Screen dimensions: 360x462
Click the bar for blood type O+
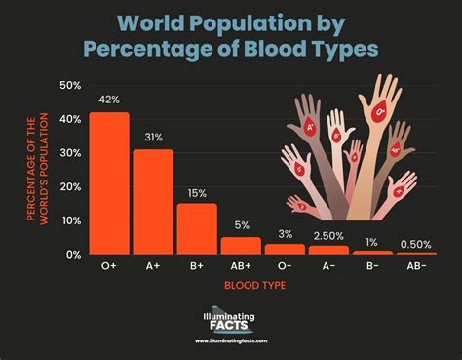[109, 182]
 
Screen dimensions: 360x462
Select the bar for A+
[153, 201]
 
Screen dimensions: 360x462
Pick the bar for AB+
[241, 245]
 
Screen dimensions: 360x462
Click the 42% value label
[109, 99]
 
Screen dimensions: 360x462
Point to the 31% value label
[153, 136]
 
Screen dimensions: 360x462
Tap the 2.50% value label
[328, 233]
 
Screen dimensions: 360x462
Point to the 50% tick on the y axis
[70, 86]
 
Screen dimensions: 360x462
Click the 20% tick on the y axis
[70, 186]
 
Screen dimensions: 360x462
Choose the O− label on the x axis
[285, 265]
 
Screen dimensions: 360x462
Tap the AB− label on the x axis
[416, 265]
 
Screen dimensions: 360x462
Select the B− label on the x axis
[372, 265]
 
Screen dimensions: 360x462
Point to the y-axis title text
[37, 169]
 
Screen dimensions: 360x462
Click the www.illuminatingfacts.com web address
[230, 341]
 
